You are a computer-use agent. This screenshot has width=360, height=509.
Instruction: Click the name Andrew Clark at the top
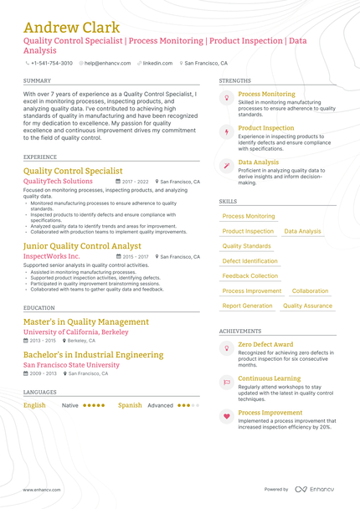[71, 28]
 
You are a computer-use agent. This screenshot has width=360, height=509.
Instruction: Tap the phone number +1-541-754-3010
[52, 63]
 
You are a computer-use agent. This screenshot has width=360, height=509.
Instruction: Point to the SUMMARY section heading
[37, 80]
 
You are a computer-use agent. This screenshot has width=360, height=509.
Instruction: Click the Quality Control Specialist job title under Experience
[73, 171]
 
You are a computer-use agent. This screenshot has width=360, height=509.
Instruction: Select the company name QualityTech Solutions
[58, 182]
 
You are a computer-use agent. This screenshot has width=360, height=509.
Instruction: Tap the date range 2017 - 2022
[135, 182]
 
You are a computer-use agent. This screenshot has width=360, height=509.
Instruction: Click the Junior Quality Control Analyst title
[82, 246]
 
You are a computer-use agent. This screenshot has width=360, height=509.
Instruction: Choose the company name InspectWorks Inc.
[52, 256]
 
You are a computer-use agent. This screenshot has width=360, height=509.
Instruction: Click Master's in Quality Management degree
[86, 321]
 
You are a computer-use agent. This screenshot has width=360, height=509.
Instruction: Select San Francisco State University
[71, 365]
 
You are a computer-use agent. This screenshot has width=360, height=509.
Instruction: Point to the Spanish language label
[130, 405]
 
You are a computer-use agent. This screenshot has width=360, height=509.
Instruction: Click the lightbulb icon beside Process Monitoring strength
[226, 98]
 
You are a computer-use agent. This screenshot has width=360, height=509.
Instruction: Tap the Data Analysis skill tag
[302, 231]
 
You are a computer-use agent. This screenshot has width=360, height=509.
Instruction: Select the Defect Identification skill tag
[250, 261]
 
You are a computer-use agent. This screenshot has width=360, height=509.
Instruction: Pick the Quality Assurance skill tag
[307, 306]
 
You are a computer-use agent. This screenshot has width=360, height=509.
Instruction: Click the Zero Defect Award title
[265, 344]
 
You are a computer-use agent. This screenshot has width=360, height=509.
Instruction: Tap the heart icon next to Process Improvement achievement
[226, 416]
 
